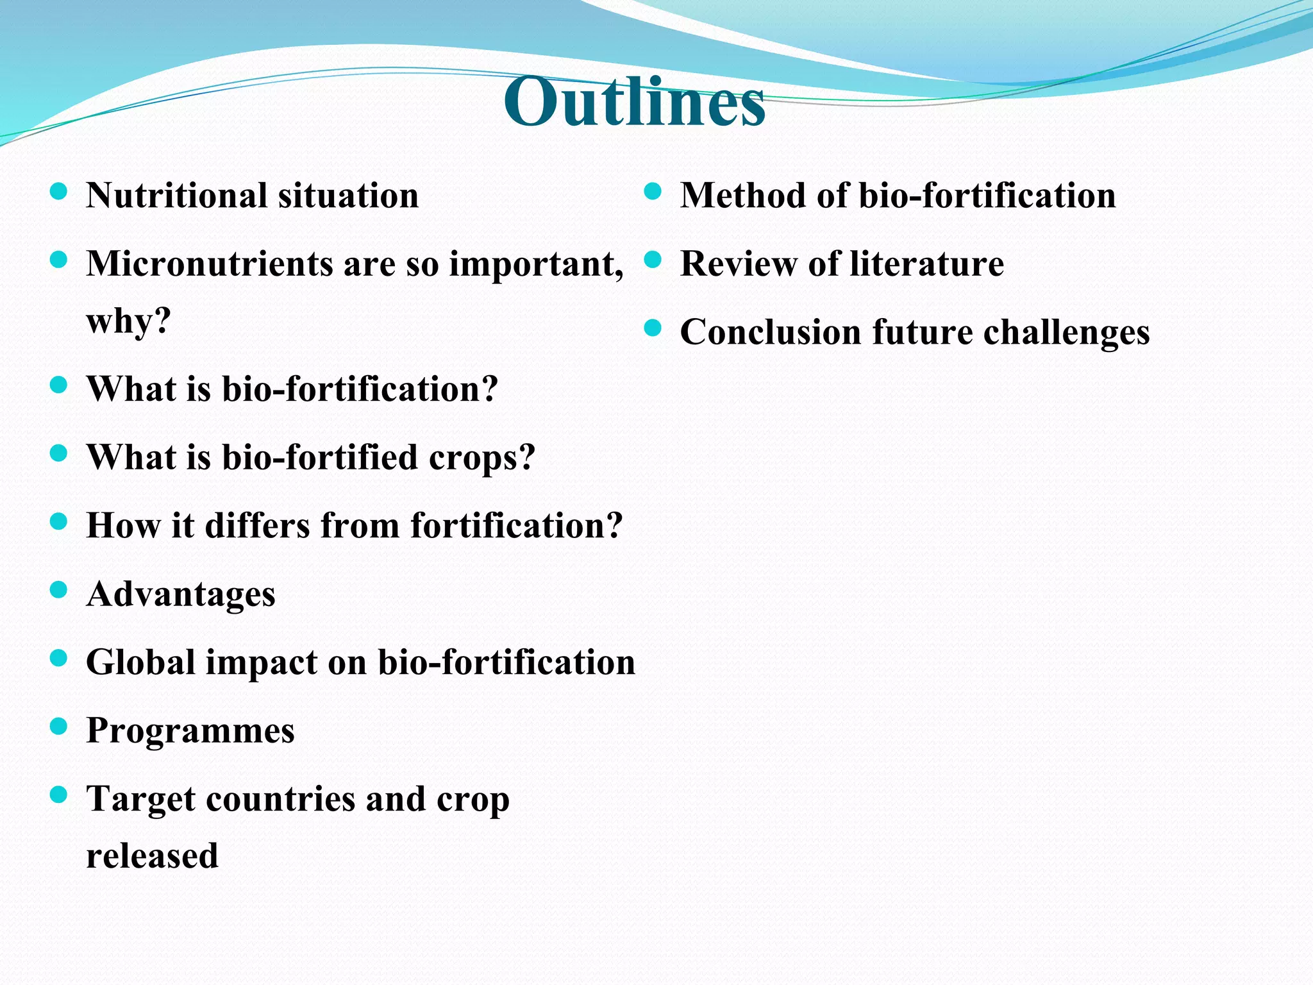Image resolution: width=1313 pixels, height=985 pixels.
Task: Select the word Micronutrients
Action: point(209,264)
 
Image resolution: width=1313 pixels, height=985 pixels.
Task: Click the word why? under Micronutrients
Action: point(129,321)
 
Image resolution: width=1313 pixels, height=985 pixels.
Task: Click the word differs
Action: point(257,526)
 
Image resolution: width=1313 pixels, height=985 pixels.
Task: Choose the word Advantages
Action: point(181,594)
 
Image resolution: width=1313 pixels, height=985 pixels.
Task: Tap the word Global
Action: point(140,662)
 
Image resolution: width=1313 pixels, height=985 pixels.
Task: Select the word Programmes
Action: point(190,731)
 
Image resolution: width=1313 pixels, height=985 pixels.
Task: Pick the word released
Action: point(153,856)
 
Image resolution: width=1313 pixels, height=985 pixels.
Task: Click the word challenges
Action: point(1066,333)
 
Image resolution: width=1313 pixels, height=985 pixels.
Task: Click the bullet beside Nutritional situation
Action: point(58,192)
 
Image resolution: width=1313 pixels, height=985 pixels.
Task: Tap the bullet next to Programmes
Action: point(58,727)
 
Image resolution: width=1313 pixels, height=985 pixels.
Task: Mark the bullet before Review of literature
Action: point(652,260)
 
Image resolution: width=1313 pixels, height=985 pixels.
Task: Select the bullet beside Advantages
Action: point(58,590)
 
